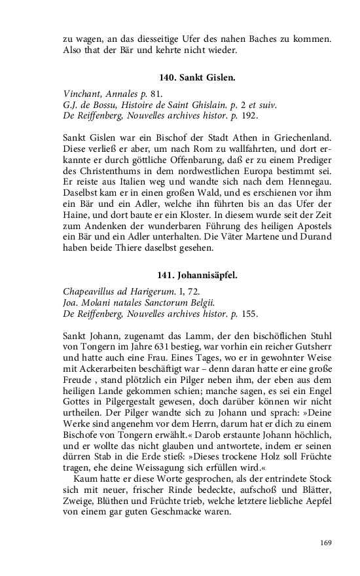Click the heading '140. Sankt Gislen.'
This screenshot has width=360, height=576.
click(197, 77)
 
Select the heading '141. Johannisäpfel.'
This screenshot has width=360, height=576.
click(197, 275)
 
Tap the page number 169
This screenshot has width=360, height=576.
click(326, 542)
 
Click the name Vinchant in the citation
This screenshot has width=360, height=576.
click(81, 93)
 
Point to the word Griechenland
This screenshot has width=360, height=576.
click(306, 139)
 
